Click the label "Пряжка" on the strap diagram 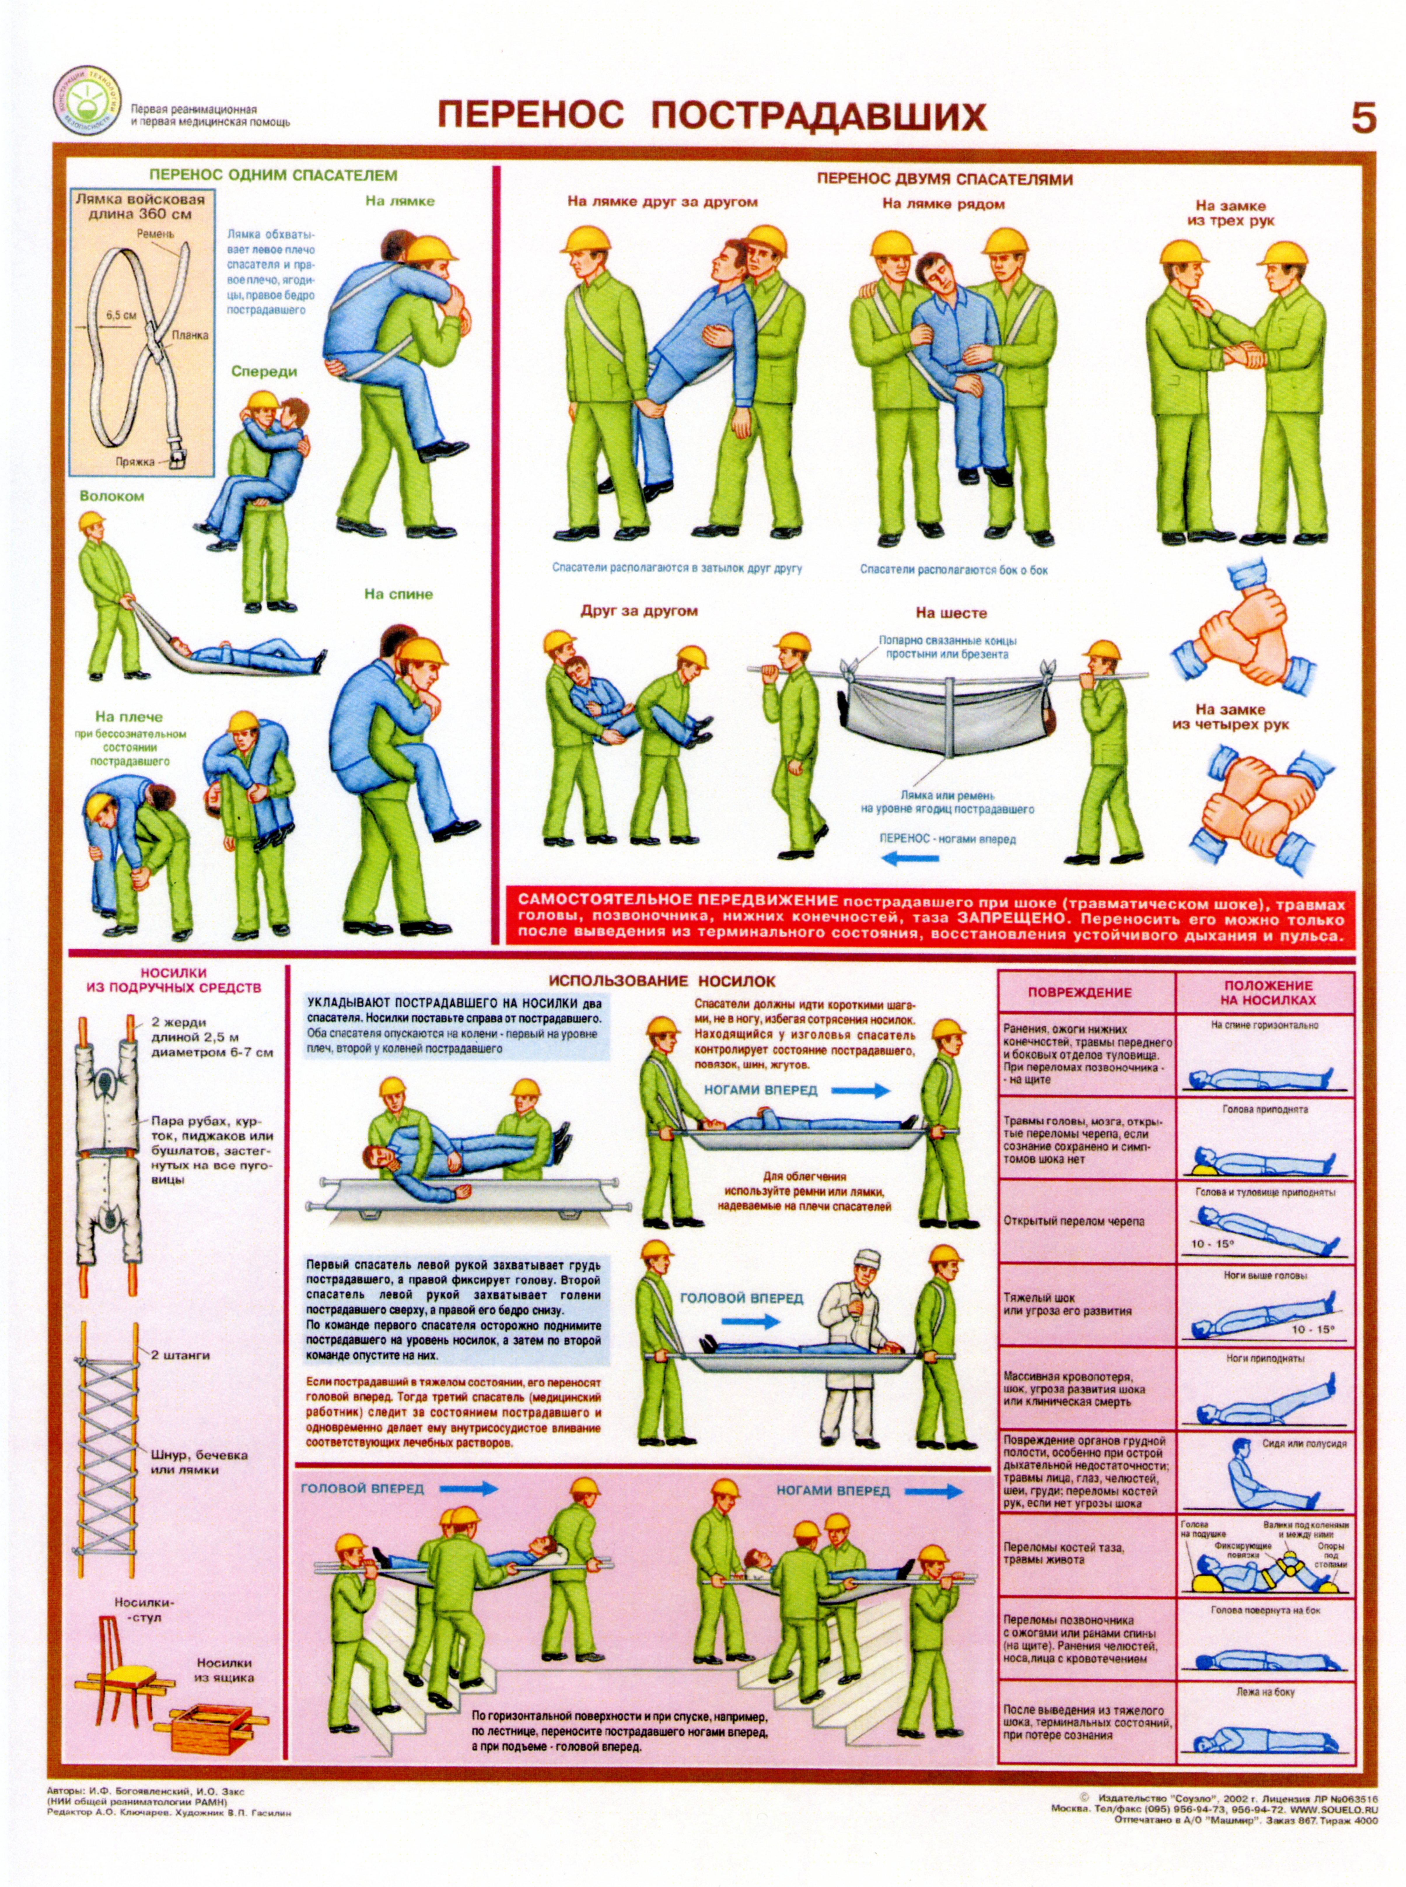(135, 462)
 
